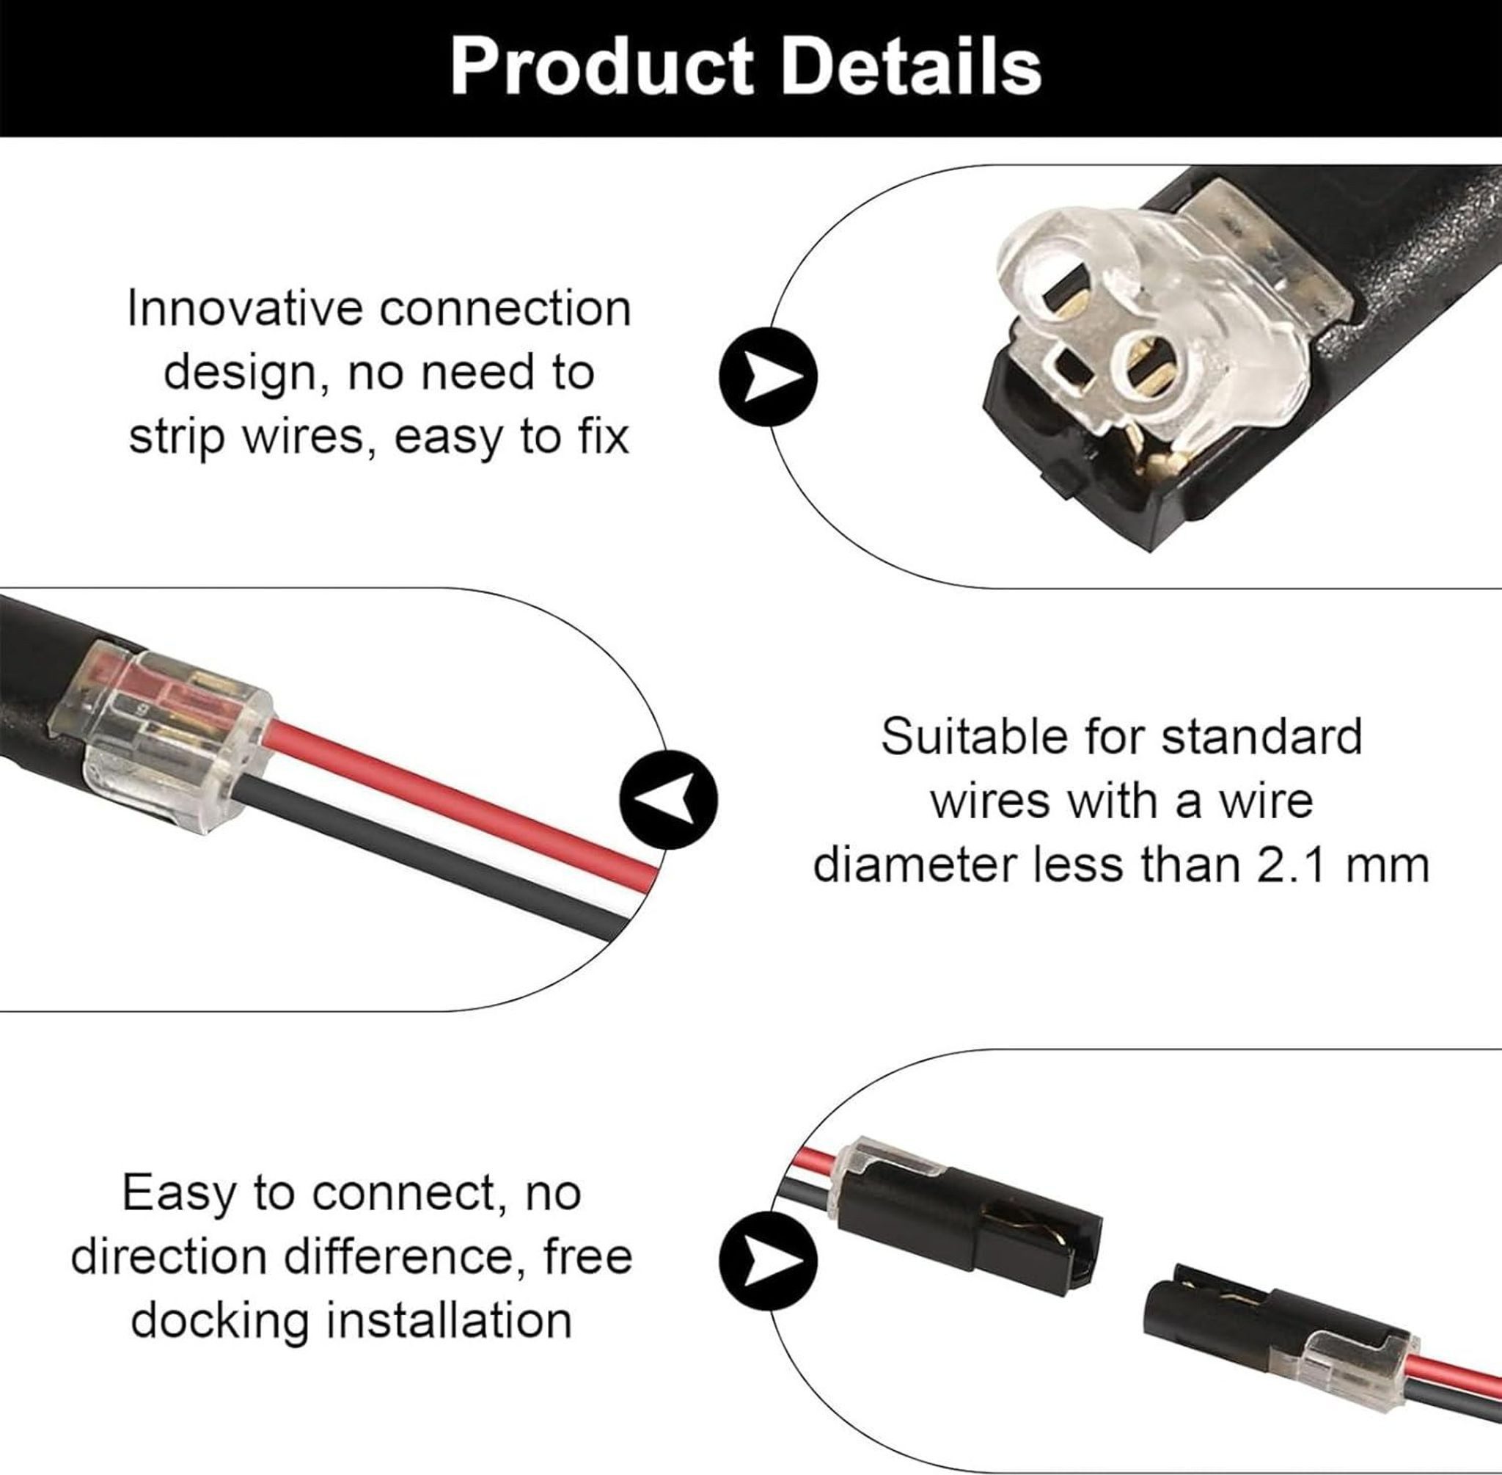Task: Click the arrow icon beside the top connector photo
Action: pos(768,377)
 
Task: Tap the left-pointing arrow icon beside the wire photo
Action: pos(669,798)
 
